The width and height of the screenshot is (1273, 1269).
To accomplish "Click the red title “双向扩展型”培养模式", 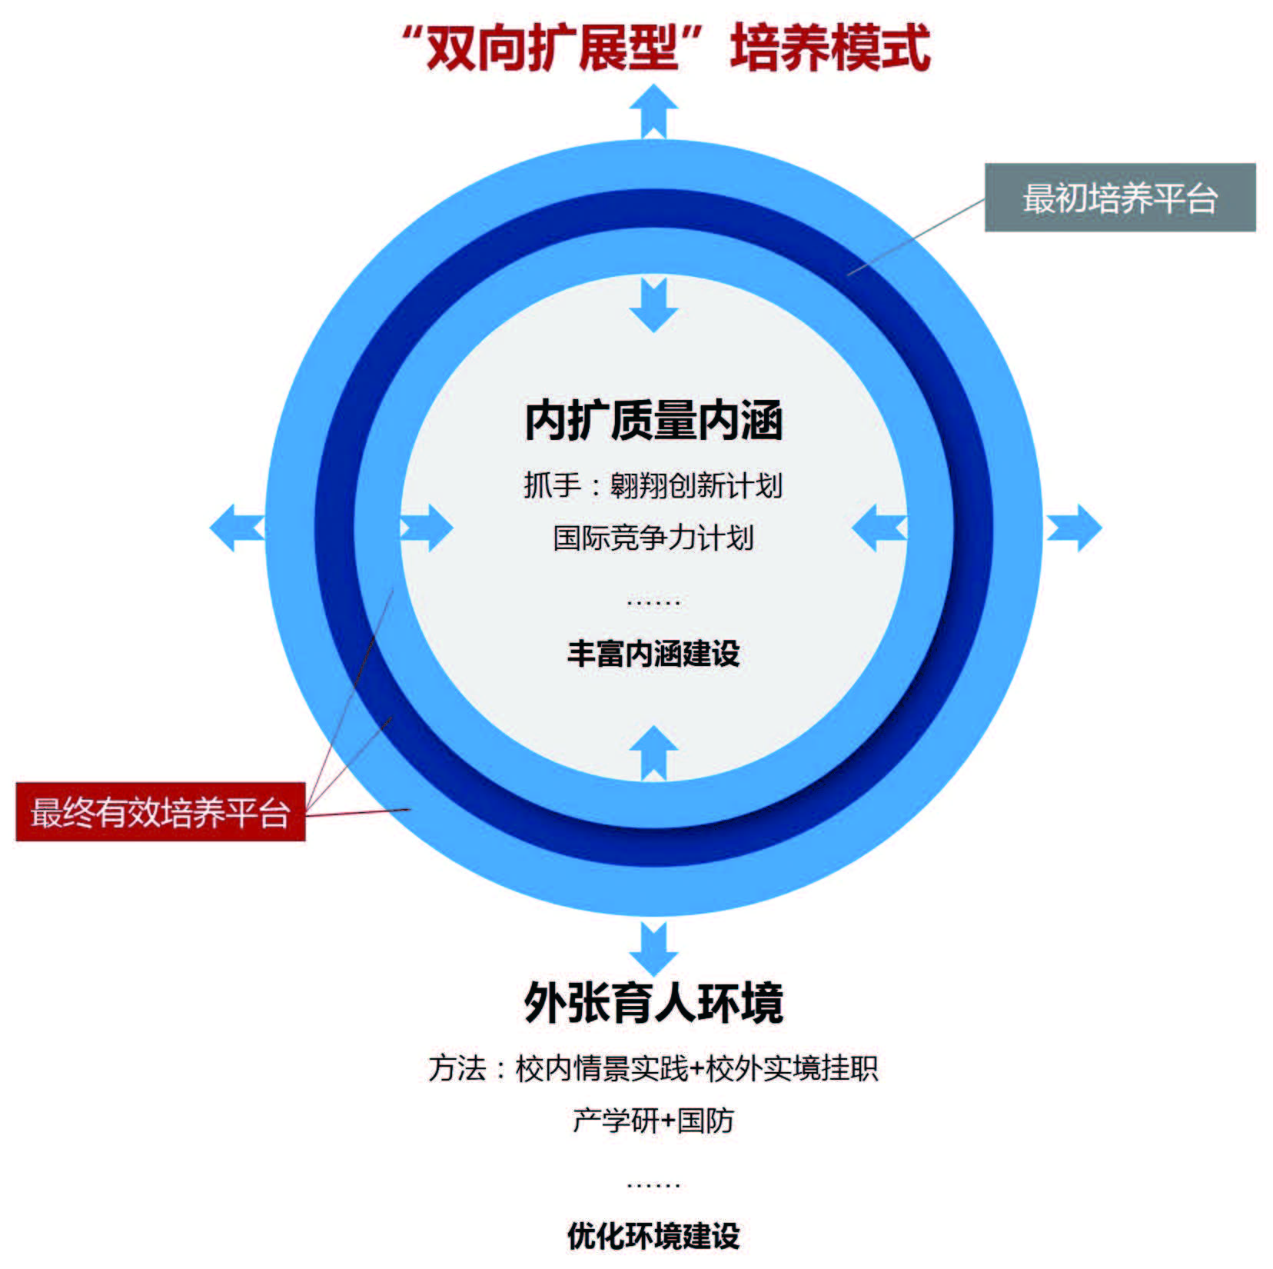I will [666, 48].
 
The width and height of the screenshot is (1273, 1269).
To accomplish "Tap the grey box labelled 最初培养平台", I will [1119, 198].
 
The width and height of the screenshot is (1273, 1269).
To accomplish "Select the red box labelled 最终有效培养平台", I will [160, 812].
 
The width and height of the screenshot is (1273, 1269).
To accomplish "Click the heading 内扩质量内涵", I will [653, 421].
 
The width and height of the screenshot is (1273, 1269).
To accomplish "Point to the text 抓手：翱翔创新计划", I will [653, 485].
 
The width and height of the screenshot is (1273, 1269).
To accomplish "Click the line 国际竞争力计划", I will [653, 538].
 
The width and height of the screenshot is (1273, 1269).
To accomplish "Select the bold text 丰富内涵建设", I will [653, 654].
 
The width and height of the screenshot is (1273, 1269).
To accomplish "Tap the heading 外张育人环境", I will [653, 1002].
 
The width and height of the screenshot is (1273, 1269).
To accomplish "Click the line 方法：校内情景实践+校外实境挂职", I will [653, 1068].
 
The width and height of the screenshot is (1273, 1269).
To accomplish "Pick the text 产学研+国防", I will [653, 1121].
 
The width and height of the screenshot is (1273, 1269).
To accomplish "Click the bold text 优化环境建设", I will [653, 1236].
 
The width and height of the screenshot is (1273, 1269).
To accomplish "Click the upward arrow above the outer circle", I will [653, 112].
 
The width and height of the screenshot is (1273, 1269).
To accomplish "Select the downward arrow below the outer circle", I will [653, 948].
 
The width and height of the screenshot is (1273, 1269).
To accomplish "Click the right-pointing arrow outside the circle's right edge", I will [1074, 528].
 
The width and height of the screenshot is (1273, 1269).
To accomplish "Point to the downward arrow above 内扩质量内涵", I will [653, 305].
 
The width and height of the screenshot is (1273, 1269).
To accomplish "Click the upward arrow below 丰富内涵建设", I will [653, 751].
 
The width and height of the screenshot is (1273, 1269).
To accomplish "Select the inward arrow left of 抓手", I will [427, 528].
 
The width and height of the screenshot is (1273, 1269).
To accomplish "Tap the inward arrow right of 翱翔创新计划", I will [879, 528].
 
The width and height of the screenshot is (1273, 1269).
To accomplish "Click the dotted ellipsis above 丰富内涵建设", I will [653, 602].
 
